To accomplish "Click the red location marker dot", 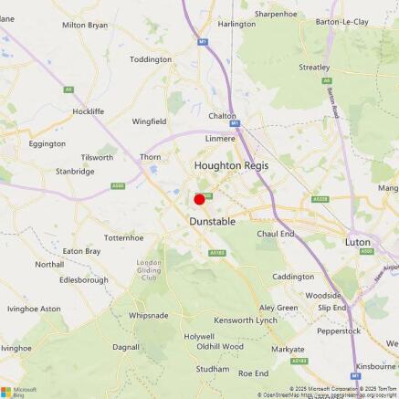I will [x=199, y=199].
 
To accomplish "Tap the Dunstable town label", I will [x=213, y=222].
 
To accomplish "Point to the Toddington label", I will [x=151, y=59].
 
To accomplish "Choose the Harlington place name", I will [x=237, y=24].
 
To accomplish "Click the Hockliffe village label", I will [x=89, y=110].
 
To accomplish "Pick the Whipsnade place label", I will [x=148, y=315].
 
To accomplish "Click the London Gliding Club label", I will [x=150, y=270].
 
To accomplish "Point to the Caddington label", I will [x=293, y=277].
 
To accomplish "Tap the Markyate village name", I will [x=288, y=350].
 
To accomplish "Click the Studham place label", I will [x=213, y=369].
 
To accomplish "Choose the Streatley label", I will [x=315, y=68].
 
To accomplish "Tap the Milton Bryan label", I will [x=85, y=26].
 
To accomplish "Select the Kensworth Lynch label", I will [x=245, y=321].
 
